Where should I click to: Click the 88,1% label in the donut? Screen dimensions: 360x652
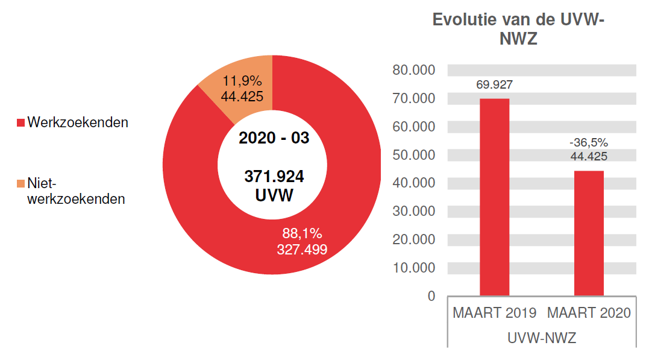[x=302, y=233]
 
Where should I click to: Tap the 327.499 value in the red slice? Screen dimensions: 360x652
[x=302, y=249]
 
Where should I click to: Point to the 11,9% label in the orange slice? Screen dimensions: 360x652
[x=242, y=81]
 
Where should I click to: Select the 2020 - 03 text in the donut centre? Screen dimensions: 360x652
[x=274, y=138]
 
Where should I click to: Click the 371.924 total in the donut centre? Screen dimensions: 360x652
[x=274, y=177]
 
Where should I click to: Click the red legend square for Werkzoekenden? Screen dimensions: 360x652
[x=20, y=123]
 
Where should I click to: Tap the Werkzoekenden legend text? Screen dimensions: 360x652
[x=78, y=122]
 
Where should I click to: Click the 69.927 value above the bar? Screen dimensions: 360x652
[x=494, y=85]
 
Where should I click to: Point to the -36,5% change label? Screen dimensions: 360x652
[x=589, y=143]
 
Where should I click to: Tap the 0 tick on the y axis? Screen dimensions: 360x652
[x=431, y=296]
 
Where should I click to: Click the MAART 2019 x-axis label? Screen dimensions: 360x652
[x=494, y=314]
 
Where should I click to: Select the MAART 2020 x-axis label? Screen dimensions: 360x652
[x=589, y=314]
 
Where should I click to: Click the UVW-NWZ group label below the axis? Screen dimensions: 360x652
[x=541, y=338]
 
